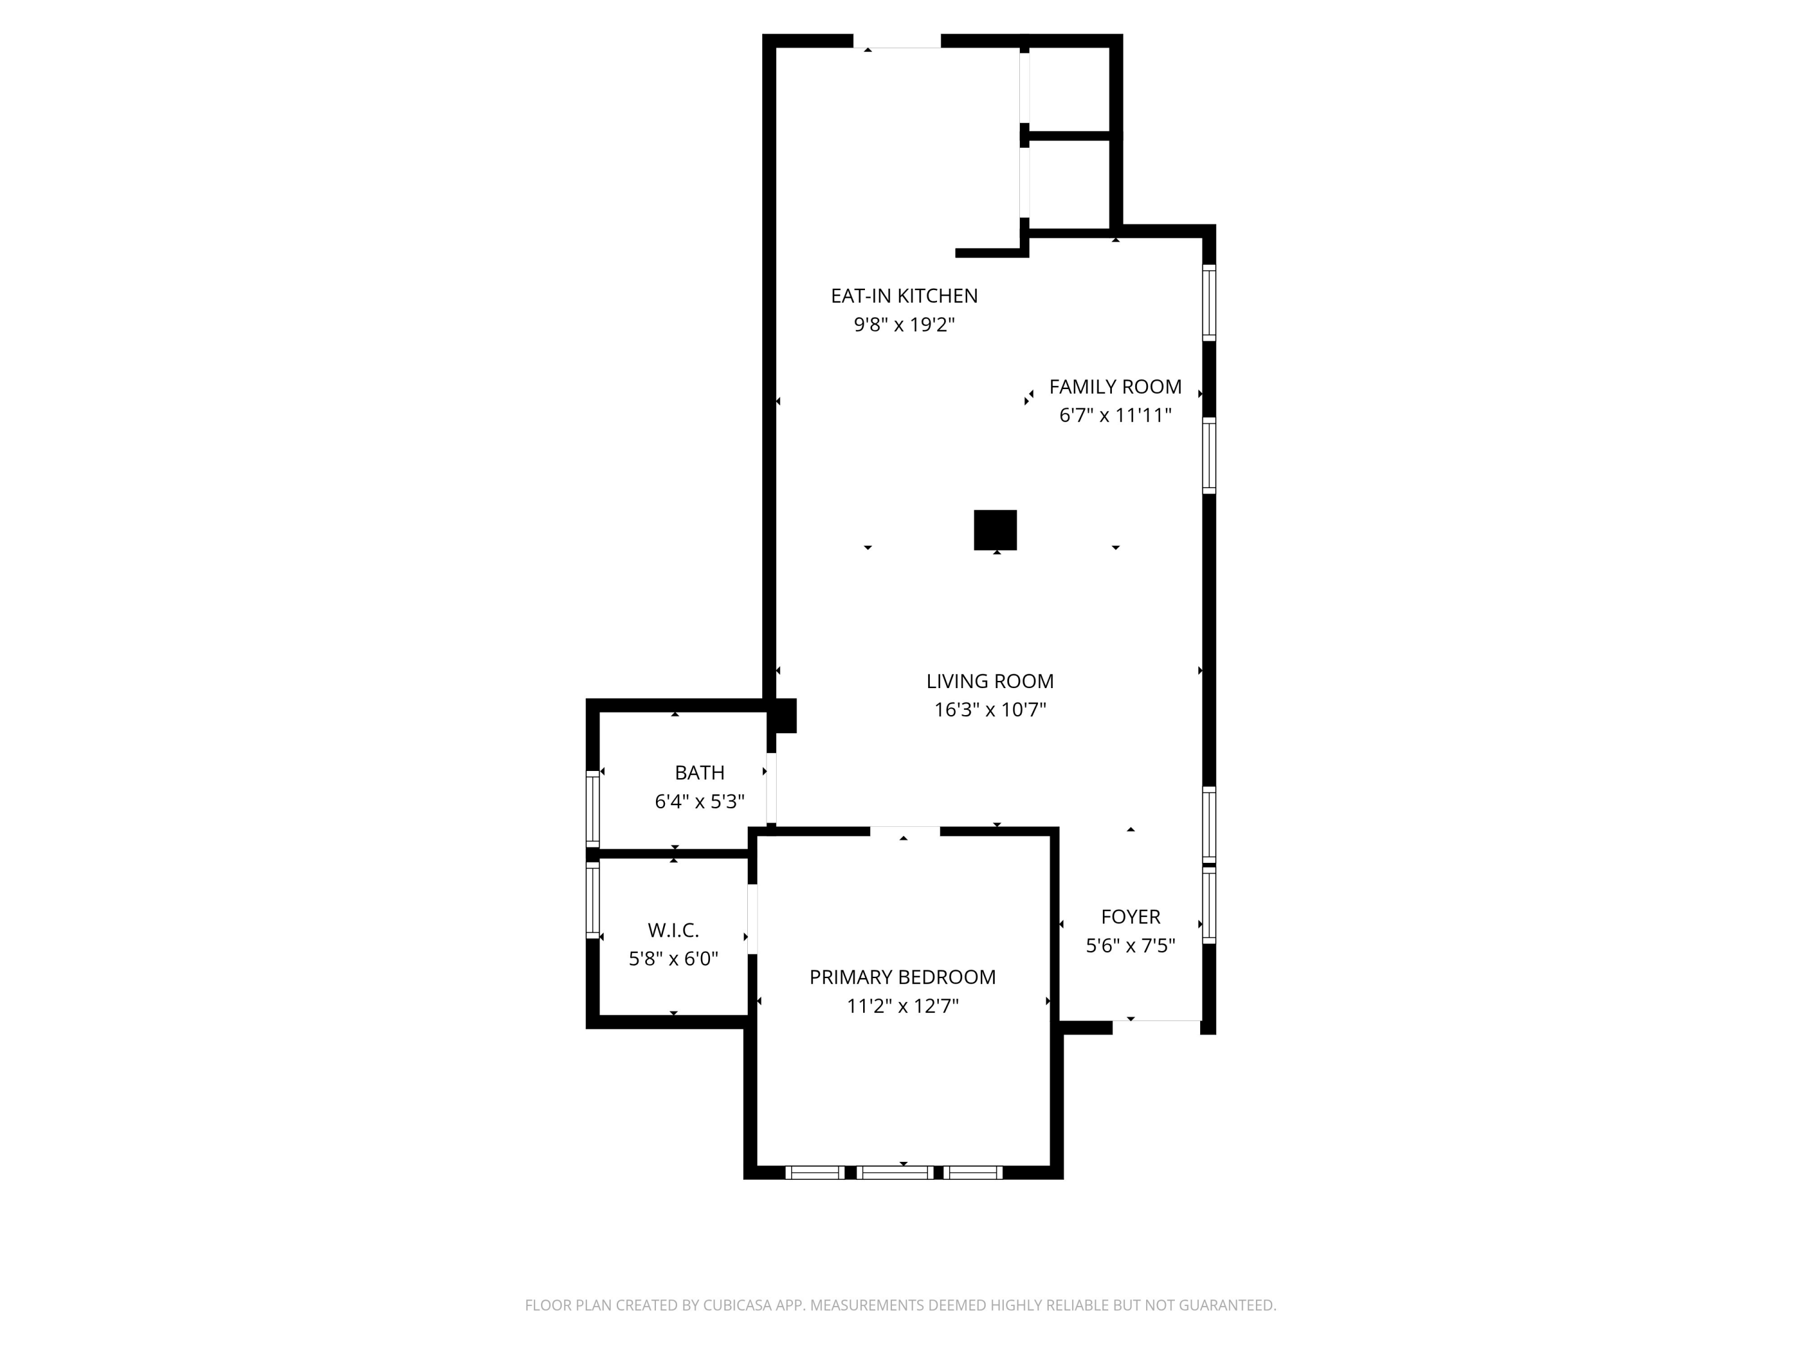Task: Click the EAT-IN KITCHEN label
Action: point(903,295)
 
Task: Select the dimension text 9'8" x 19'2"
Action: point(903,325)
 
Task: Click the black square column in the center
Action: point(995,530)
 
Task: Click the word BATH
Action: point(699,772)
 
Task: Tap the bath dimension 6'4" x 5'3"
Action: point(699,802)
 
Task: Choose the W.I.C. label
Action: point(673,929)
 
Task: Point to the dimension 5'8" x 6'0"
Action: point(673,958)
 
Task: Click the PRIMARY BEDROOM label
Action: point(902,976)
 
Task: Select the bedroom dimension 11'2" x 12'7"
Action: point(902,1006)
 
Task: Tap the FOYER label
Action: point(1130,916)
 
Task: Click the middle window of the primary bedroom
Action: point(896,1172)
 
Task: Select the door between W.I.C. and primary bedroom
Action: point(752,919)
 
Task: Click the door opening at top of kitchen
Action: point(896,41)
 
